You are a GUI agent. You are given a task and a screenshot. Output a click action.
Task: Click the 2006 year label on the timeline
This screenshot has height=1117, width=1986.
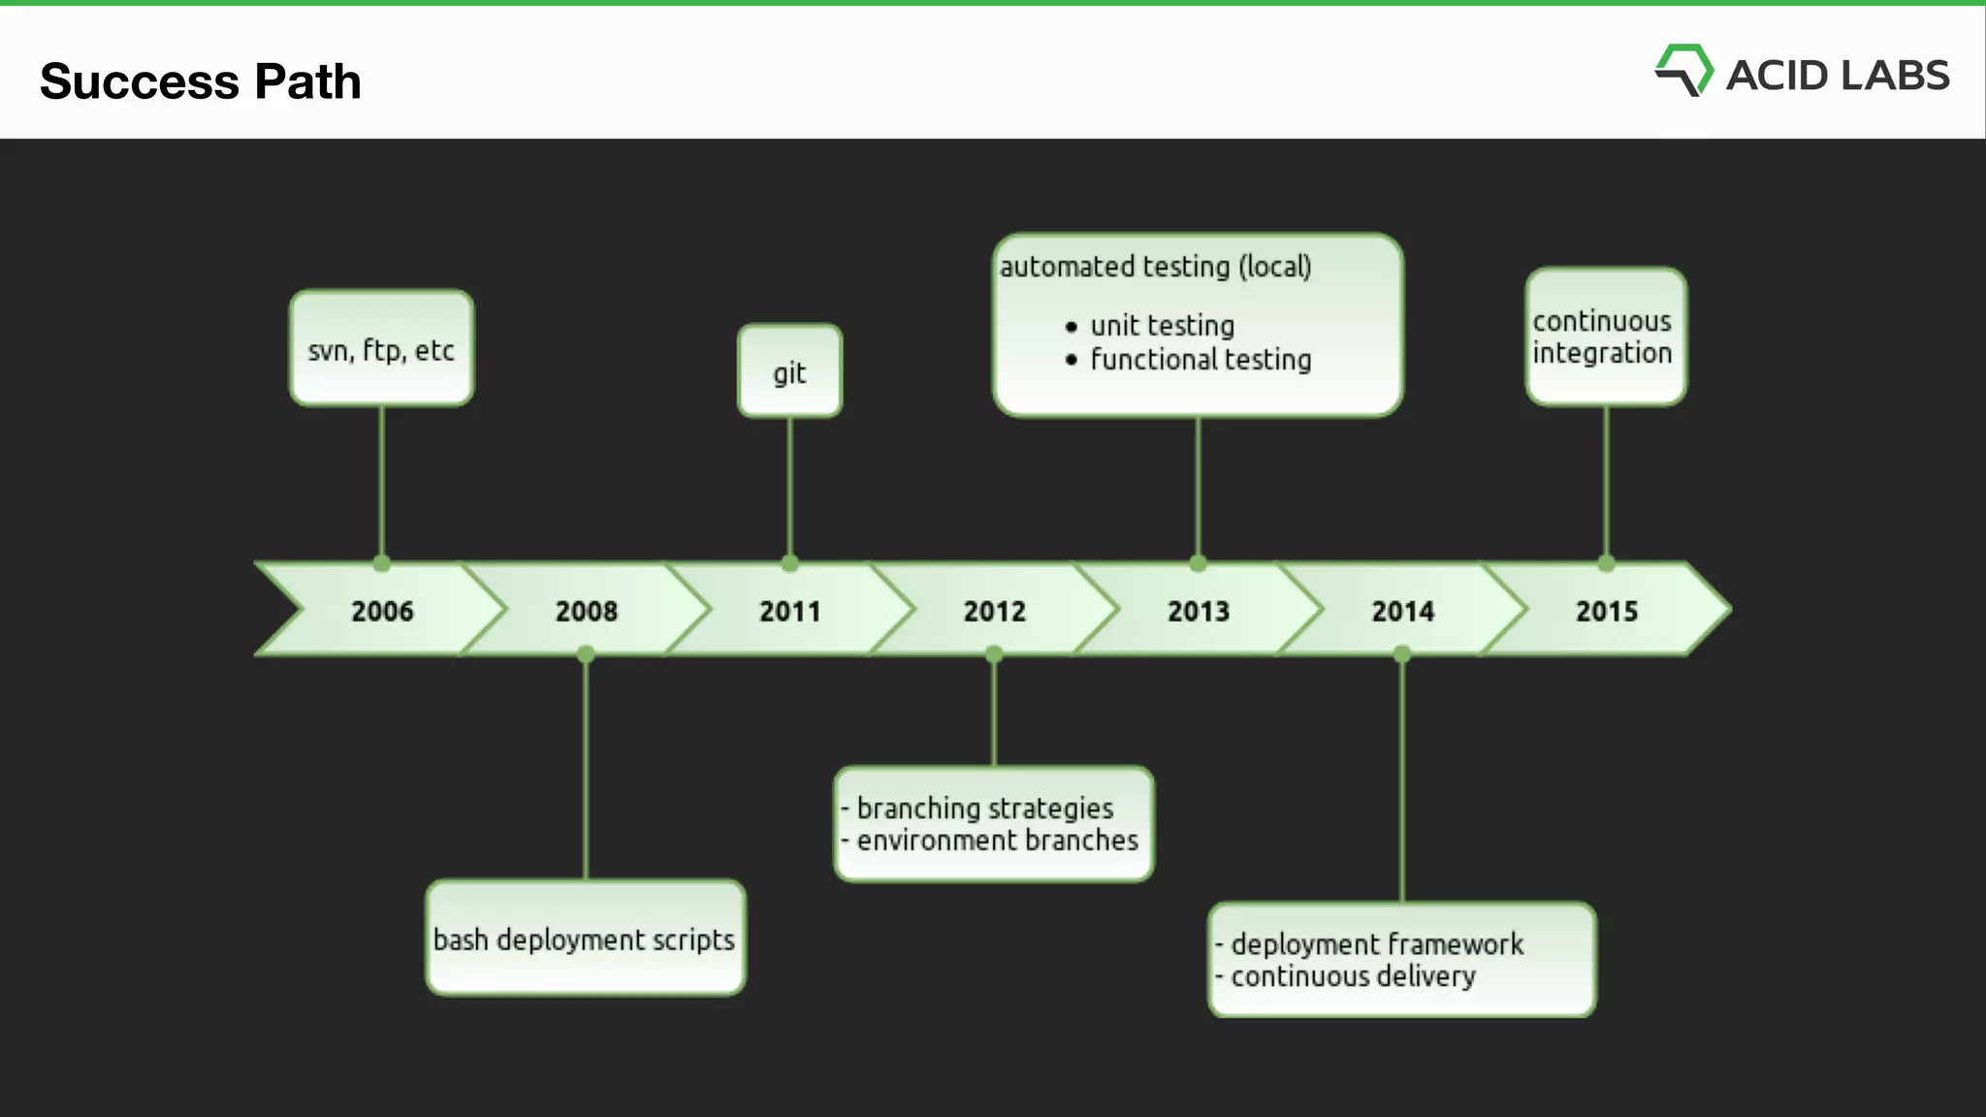pyautogui.click(x=382, y=611)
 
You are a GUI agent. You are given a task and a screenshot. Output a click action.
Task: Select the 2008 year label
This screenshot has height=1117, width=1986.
pyautogui.click(x=586, y=611)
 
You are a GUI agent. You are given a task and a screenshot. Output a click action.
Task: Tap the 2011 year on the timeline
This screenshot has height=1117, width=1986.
pyautogui.click(x=789, y=611)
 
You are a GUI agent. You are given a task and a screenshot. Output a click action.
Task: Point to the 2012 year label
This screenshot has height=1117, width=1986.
pyautogui.click(x=994, y=611)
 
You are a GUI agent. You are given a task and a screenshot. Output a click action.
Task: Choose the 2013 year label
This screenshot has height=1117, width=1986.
pyautogui.click(x=1198, y=611)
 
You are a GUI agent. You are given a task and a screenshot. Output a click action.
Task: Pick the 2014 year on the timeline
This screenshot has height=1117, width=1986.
pyautogui.click(x=1402, y=611)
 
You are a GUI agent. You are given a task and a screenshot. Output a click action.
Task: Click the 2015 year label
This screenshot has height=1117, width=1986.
pyautogui.click(x=1606, y=611)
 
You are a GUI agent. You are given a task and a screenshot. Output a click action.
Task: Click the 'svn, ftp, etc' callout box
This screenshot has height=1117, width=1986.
pyautogui.click(x=381, y=348)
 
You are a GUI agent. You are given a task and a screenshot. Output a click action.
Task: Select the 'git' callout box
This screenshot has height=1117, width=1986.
pyautogui.click(x=789, y=371)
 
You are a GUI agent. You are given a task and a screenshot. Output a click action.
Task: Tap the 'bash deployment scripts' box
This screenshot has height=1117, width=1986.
pyautogui.click(x=585, y=938)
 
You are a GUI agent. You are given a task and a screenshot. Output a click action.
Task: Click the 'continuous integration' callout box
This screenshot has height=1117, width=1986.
pyautogui.click(x=1605, y=336)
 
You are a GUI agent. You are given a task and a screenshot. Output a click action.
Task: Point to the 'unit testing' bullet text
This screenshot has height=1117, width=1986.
pyautogui.click(x=1162, y=326)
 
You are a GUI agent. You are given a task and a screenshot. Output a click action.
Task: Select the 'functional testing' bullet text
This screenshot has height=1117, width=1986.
pyautogui.click(x=1201, y=360)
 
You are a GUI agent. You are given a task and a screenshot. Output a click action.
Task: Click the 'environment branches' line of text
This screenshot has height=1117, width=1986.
pyautogui.click(x=997, y=841)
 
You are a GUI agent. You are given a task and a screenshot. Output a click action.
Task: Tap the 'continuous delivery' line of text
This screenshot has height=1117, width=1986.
pyautogui.click(x=1353, y=976)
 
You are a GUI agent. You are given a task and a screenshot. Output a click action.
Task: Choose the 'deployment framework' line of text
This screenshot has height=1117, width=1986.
pyautogui.click(x=1377, y=944)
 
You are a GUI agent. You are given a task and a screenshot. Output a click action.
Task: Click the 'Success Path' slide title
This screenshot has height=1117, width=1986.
pyautogui.click(x=201, y=81)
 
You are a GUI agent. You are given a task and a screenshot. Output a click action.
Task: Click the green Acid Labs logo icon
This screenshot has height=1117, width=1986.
pyautogui.click(x=1683, y=71)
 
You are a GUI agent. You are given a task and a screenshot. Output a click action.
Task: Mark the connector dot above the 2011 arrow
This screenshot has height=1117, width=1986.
pyautogui.click(x=789, y=563)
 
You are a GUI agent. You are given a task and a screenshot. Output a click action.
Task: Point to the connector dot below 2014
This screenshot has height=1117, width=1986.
pyautogui.click(x=1402, y=655)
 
